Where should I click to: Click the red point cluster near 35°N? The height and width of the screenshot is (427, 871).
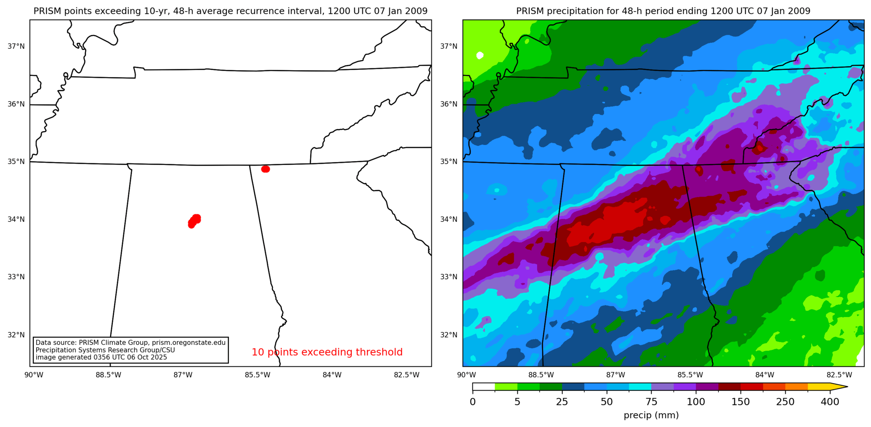click(x=265, y=169)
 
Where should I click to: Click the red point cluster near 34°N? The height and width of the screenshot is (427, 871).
click(x=194, y=220)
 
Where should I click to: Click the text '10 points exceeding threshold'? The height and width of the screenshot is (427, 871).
click(x=327, y=352)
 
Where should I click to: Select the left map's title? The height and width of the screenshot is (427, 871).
click(x=230, y=11)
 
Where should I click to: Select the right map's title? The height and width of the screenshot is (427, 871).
click(x=663, y=11)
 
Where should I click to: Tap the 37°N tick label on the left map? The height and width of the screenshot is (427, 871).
click(x=16, y=46)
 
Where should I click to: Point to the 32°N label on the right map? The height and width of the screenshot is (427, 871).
click(x=449, y=335)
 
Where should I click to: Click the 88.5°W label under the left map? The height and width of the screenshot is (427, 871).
click(x=108, y=375)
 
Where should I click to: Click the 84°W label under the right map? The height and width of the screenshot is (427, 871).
click(x=765, y=375)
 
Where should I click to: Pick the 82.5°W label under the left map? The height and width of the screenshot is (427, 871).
click(x=407, y=375)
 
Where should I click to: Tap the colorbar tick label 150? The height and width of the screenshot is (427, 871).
click(x=741, y=402)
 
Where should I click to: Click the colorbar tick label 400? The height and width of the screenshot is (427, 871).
click(x=830, y=402)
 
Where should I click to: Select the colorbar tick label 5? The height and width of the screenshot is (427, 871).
click(x=517, y=402)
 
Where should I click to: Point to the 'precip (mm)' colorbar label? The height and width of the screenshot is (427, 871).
click(x=651, y=415)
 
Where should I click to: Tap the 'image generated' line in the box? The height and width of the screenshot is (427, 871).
click(x=101, y=357)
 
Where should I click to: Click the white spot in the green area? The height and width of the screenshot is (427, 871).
click(x=480, y=55)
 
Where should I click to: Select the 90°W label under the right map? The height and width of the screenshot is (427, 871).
click(x=467, y=375)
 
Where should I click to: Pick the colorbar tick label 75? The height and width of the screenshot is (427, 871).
click(x=651, y=402)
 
